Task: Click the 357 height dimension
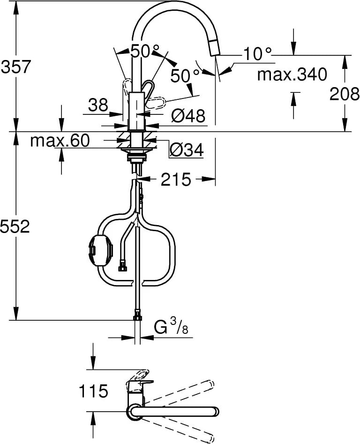[15, 67]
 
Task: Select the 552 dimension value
[15, 227]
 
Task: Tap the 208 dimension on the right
[344, 94]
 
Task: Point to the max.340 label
[292, 74]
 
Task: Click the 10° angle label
[257, 54]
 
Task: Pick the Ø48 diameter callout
[187, 116]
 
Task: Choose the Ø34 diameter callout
[186, 150]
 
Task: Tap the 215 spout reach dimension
[176, 179]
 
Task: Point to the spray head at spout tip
[213, 48]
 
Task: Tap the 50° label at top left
[144, 51]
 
